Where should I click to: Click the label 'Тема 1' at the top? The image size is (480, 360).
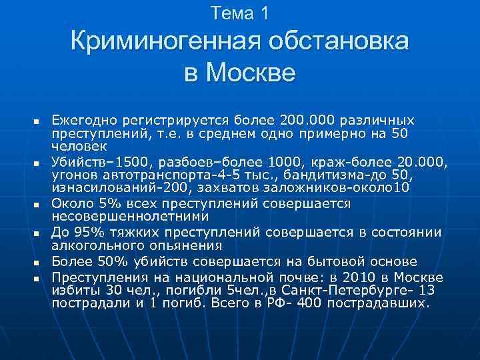point(239,13)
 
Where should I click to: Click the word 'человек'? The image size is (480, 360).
point(75,144)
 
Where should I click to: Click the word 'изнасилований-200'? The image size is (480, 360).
point(105,188)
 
